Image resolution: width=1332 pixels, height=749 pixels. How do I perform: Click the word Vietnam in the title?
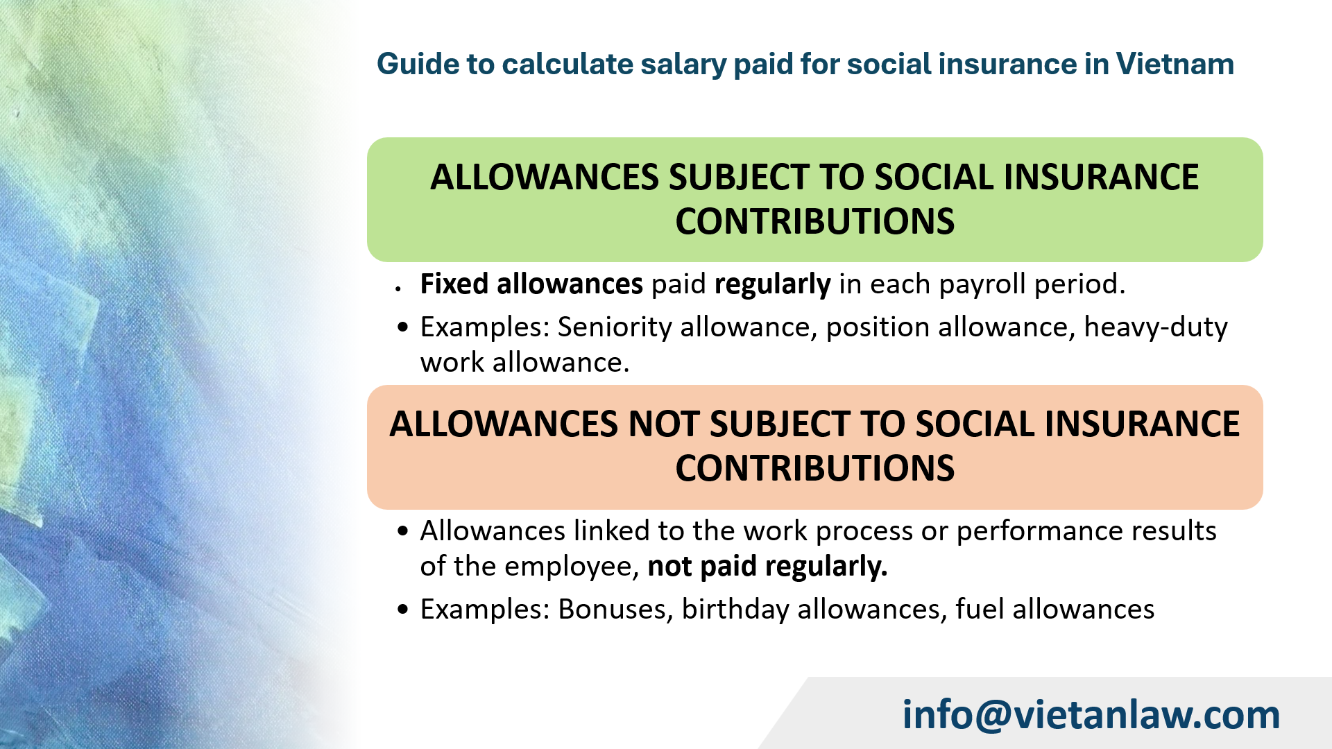coord(1175,64)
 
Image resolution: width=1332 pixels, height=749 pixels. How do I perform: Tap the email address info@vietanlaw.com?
coord(1091,714)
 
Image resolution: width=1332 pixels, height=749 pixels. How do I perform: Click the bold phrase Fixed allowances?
coord(531,284)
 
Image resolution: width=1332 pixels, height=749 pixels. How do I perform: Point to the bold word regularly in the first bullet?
coord(772,284)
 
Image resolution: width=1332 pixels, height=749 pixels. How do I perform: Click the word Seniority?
coord(615,327)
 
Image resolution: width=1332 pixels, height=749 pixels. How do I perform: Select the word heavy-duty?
coord(1156,327)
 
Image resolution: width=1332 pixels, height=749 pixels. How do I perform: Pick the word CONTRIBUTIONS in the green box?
coord(814,222)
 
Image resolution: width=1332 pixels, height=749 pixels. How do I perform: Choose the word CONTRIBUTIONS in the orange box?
coord(814,469)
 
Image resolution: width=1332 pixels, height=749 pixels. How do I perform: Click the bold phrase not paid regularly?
coord(767,567)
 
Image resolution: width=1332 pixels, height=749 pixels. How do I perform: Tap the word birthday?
coord(735,609)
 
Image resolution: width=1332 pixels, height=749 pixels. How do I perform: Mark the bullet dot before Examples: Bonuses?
coord(403,610)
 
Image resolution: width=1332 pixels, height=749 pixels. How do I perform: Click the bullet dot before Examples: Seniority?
coord(403,327)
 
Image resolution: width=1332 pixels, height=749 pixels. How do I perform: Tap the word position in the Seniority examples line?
coord(878,327)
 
